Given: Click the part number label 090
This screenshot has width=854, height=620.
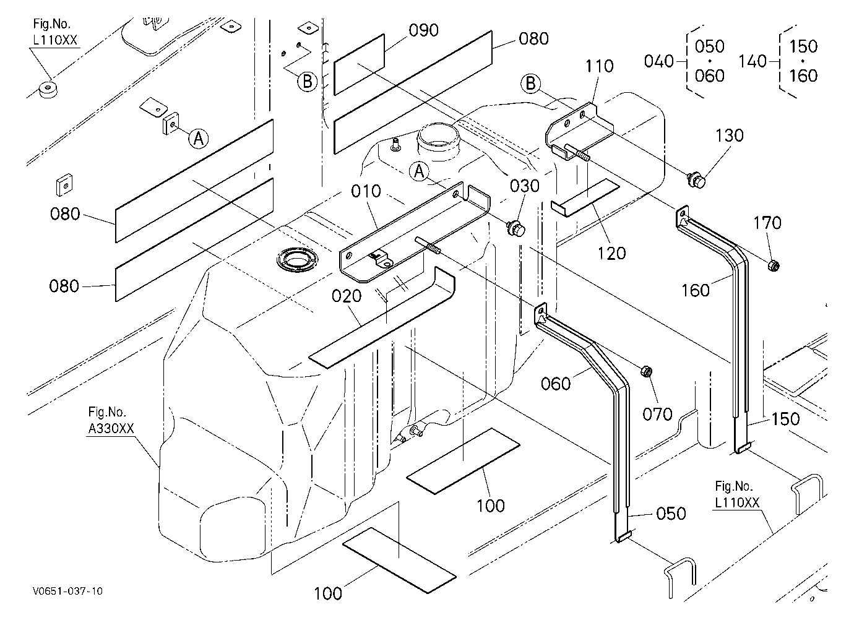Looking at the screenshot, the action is pyautogui.click(x=423, y=30).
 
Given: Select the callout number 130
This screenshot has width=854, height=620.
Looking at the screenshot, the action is pyautogui.click(x=729, y=136).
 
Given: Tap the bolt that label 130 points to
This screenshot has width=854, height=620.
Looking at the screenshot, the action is pyautogui.click(x=696, y=179).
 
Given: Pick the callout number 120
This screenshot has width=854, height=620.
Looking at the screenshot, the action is pyautogui.click(x=611, y=254).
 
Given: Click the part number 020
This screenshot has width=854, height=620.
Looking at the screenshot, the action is pyautogui.click(x=346, y=296).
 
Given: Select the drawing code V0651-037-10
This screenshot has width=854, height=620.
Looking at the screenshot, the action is pyautogui.click(x=67, y=592).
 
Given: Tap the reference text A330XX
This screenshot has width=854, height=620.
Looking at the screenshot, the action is pyautogui.click(x=111, y=429).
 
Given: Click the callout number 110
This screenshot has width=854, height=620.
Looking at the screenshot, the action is pyautogui.click(x=599, y=66).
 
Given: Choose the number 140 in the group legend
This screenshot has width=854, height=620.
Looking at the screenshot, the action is pyautogui.click(x=753, y=61).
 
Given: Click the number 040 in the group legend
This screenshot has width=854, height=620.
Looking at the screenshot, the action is pyautogui.click(x=659, y=61).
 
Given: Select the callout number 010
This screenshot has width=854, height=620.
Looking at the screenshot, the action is pyautogui.click(x=366, y=191).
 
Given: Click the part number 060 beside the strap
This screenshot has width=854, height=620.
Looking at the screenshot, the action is pyautogui.click(x=556, y=384).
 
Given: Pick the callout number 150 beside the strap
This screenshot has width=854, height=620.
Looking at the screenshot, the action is pyautogui.click(x=785, y=420).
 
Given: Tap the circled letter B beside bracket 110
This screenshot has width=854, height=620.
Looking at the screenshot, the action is pyautogui.click(x=531, y=84).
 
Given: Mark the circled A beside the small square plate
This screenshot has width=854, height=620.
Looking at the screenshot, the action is pyautogui.click(x=199, y=139).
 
